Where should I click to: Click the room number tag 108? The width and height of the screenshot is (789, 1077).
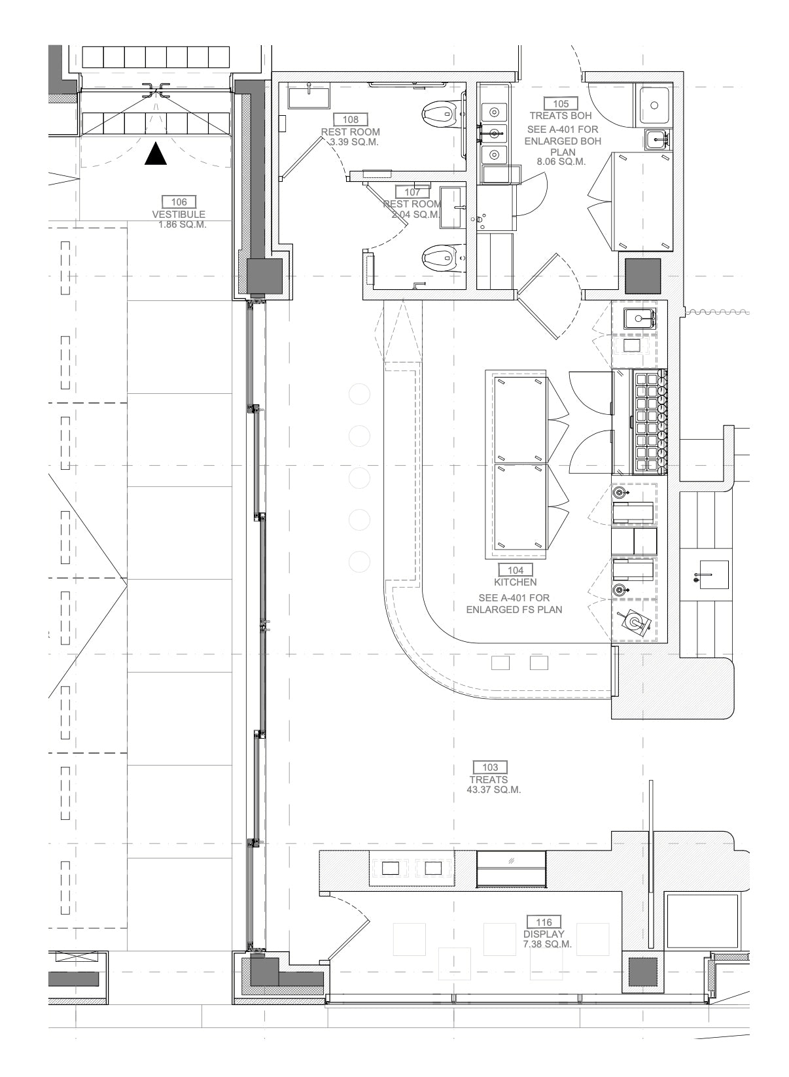tap(351, 119)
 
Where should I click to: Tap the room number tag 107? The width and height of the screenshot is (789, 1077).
tap(412, 191)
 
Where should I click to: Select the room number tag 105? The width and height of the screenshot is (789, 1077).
tap(561, 103)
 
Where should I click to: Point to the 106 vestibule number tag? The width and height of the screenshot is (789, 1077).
tap(179, 202)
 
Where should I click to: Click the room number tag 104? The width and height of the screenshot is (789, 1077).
tap(516, 570)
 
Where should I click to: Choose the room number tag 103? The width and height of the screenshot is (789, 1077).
tap(490, 768)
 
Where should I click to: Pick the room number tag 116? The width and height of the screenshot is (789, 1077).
tap(544, 922)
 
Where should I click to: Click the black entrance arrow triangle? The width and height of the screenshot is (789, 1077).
tap(156, 154)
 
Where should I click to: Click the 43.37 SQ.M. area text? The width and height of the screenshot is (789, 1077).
tap(494, 790)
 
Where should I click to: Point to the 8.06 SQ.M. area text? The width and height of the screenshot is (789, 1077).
tap(561, 162)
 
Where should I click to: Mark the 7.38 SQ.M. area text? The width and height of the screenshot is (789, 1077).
tap(548, 944)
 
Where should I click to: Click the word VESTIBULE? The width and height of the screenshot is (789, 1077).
tap(179, 215)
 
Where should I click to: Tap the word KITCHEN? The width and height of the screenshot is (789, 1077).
tap(516, 582)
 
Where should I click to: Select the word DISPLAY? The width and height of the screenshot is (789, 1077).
tap(544, 934)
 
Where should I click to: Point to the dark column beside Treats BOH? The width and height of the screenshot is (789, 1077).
tap(643, 276)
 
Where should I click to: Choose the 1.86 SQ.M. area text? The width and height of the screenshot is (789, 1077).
tap(183, 224)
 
